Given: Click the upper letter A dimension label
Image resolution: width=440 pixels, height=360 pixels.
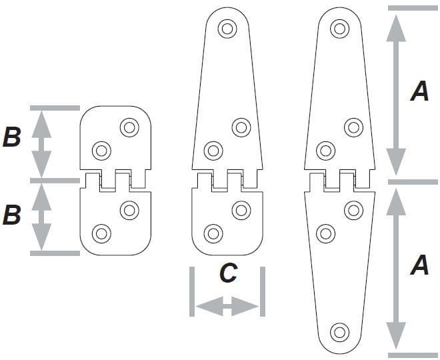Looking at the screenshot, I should click(419, 91).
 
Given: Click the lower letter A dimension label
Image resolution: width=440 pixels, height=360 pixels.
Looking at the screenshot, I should click(419, 265).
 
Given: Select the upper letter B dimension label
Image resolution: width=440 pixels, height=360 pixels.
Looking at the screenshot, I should click(12, 138).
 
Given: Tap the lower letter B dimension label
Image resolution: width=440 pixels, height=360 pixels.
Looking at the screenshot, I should click(12, 215).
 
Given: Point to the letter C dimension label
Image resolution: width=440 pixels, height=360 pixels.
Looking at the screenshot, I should click(228, 273).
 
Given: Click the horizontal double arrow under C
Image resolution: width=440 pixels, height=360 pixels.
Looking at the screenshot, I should click(227, 307).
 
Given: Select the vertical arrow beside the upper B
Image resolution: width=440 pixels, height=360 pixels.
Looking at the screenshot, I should click(42, 143).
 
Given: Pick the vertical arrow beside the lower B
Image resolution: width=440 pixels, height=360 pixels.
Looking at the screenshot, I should click(42, 217).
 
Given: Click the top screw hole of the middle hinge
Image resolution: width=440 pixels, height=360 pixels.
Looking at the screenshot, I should click(227, 29).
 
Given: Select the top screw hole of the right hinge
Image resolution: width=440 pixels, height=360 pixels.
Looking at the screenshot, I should click(339, 29).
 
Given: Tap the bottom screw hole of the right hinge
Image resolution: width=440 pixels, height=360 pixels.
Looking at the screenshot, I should click(339, 331).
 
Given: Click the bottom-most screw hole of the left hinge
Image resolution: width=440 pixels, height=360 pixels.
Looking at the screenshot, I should click(101, 233).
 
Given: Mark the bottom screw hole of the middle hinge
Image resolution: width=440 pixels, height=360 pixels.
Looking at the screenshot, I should click(213, 233).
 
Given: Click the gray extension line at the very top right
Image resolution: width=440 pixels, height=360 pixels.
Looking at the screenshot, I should click(413, 8).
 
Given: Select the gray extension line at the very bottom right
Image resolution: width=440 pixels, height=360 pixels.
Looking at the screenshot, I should click(413, 355).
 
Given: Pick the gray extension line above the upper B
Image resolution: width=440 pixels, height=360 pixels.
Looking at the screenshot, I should click(55, 107).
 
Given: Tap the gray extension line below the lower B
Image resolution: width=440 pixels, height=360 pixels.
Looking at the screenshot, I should click(55, 253).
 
